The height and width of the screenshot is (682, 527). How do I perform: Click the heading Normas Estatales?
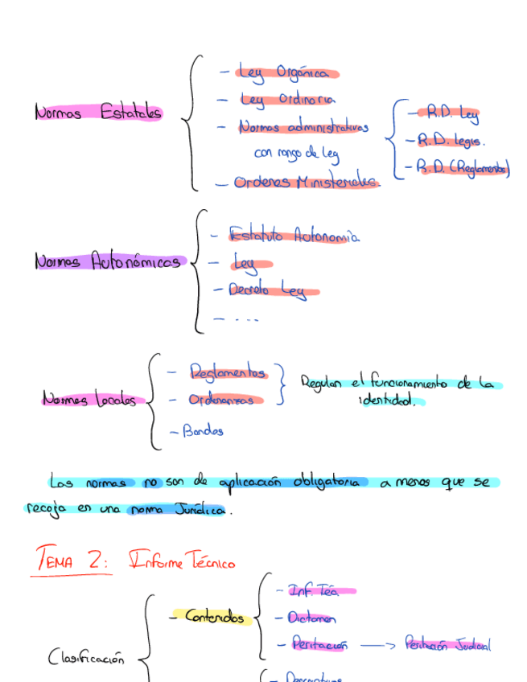tap(98, 113)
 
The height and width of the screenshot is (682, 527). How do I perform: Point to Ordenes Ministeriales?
tap(306, 183)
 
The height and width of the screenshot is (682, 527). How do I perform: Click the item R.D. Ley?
tap(452, 114)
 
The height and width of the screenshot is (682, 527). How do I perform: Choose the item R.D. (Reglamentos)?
tap(463, 168)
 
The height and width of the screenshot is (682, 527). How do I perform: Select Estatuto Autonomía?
tap(293, 236)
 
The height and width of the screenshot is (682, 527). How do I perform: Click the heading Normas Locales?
tap(89, 399)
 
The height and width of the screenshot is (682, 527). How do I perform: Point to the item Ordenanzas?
tap(226, 399)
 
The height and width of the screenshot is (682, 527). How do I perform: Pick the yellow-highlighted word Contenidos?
tap(215, 617)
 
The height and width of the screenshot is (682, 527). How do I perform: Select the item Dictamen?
tap(311, 618)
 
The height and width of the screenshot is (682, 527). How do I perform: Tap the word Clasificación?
tap(86, 658)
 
